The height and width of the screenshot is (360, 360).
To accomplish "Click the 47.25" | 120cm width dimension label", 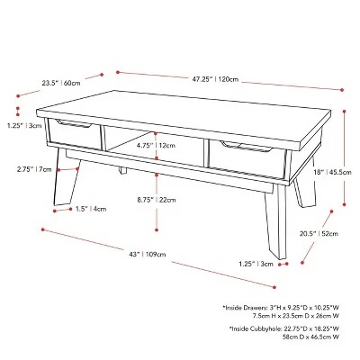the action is (215, 79).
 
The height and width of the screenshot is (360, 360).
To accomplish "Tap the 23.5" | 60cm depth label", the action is (61, 83).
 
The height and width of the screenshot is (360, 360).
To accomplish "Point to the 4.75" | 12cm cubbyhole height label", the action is (156, 146).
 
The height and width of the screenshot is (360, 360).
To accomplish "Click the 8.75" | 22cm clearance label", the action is (157, 200).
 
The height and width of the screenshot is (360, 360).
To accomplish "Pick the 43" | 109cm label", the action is (148, 255).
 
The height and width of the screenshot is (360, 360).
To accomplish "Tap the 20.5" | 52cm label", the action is (319, 233).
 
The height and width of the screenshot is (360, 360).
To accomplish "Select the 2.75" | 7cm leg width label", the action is (34, 169).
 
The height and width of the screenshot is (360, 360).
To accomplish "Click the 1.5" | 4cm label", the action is (91, 209).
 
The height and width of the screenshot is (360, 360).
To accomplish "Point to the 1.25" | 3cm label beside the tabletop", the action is (24, 126).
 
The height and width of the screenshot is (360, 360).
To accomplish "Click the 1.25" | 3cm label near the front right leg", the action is (256, 264).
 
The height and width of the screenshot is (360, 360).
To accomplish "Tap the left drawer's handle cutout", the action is (74, 123).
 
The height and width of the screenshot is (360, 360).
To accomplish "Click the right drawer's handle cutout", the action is (246, 146).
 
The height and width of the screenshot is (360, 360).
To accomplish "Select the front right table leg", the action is (276, 221).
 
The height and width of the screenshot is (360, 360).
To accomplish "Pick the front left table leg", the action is (67, 177).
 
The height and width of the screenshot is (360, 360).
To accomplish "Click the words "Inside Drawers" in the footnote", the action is (244, 308).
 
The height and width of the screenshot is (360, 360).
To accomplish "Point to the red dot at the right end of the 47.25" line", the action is (342, 90).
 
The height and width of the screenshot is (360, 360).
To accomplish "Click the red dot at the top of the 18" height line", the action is (344, 112).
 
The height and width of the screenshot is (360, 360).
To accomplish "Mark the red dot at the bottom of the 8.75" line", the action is (157, 229).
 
